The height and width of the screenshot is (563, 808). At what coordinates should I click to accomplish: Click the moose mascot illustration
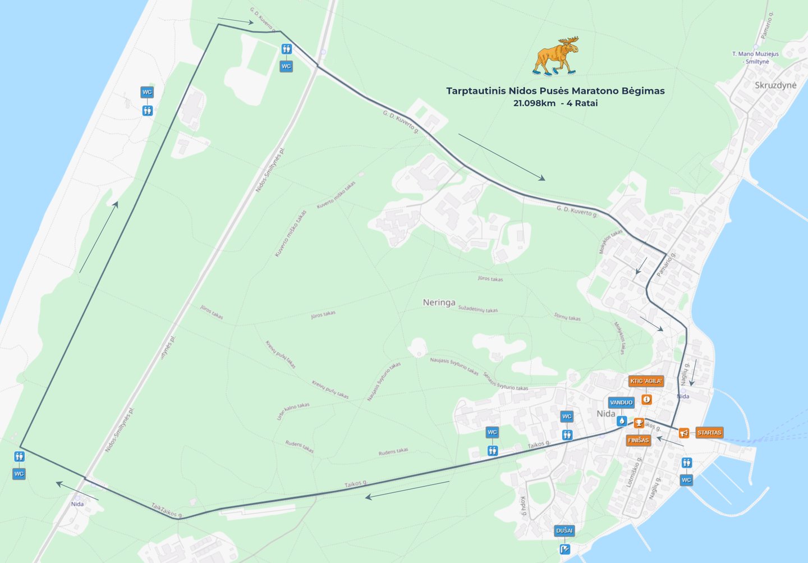pyautogui.click(x=555, y=56)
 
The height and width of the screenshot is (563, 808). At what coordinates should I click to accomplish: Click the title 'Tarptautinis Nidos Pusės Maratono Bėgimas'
pyautogui.click(x=555, y=91)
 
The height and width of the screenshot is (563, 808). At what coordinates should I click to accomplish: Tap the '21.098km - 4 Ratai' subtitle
pyautogui.click(x=555, y=103)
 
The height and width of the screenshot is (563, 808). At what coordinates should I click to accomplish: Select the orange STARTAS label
pyautogui.click(x=709, y=433)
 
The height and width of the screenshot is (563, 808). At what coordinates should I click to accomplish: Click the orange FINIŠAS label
pyautogui.click(x=638, y=440)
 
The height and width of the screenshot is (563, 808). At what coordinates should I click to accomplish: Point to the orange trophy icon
pyautogui.click(x=639, y=423)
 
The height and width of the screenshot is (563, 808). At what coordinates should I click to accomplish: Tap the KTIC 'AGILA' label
pyautogui.click(x=646, y=381)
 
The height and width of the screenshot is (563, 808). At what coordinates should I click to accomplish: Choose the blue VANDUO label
pyautogui.click(x=621, y=402)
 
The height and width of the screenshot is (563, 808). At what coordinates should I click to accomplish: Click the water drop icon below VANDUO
pyautogui.click(x=621, y=420)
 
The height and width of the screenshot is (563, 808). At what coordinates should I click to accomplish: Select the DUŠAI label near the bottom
pyautogui.click(x=564, y=530)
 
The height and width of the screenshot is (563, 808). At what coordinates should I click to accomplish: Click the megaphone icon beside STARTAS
pyautogui.click(x=683, y=433)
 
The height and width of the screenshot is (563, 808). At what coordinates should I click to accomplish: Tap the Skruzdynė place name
pyautogui.click(x=775, y=85)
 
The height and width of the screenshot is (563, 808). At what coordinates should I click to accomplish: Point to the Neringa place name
pyautogui.click(x=439, y=303)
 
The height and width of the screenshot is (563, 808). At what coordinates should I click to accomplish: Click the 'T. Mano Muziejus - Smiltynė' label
pyautogui.click(x=755, y=58)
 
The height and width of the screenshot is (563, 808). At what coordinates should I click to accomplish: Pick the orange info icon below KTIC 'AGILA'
pyautogui.click(x=646, y=399)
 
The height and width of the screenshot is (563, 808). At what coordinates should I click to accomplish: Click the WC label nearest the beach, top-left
pyautogui.click(x=147, y=92)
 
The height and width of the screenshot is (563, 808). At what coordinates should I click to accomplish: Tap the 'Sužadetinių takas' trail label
pyautogui.click(x=478, y=309)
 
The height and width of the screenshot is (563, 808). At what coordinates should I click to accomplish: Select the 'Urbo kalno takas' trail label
pyautogui.click(x=293, y=411)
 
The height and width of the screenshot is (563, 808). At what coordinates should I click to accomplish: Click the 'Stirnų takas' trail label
pyautogui.click(x=567, y=317)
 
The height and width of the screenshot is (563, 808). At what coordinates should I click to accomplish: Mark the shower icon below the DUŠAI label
pyautogui.click(x=564, y=549)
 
